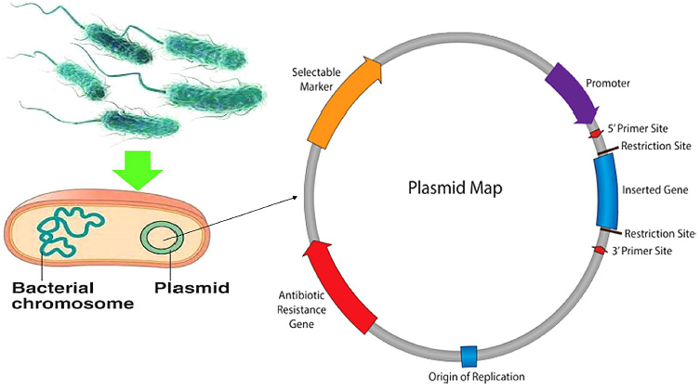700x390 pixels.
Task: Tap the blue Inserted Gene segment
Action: click(608, 189)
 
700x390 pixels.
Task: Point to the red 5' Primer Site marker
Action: click(596, 134)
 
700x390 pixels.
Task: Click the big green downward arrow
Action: click(137, 165)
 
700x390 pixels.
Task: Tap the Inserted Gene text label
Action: click(656, 190)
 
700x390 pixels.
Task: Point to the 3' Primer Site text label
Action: click(647, 252)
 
